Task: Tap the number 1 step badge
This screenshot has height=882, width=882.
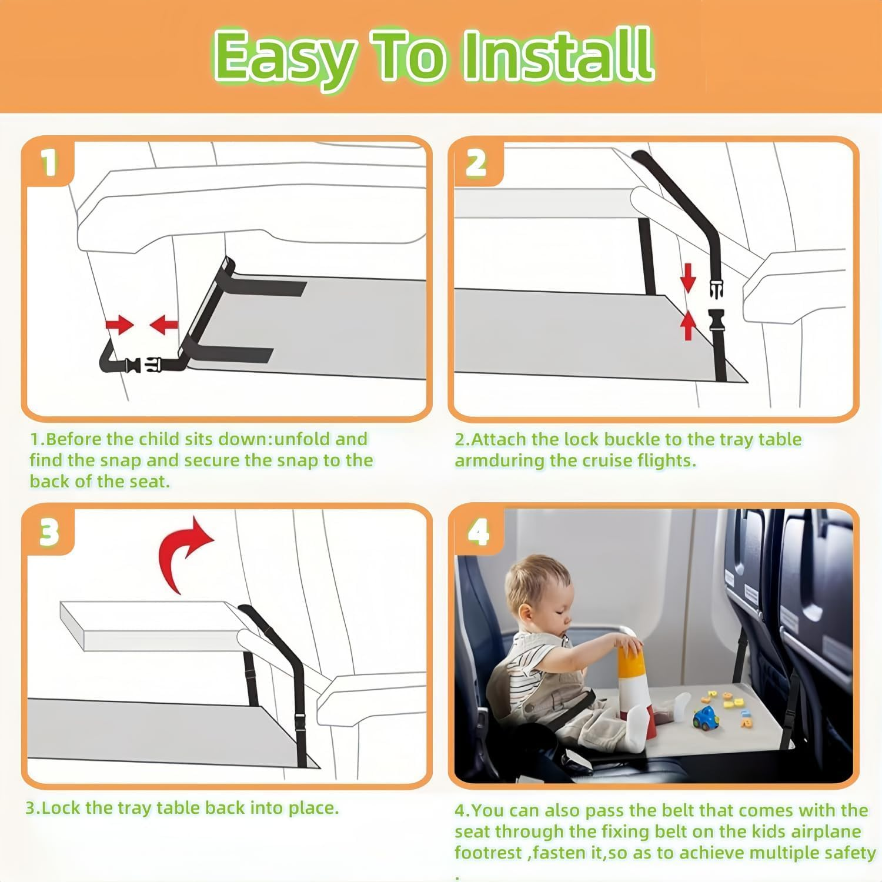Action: coord(49,162)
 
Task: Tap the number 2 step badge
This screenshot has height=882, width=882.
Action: coord(476,163)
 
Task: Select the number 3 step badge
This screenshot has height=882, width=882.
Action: coord(49,532)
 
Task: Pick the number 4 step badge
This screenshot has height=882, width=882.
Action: coord(479,533)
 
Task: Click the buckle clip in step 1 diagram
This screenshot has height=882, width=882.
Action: coord(141,365)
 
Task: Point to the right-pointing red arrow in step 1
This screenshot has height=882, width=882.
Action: coord(119,324)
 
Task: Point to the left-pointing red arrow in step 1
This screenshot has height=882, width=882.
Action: coord(164,324)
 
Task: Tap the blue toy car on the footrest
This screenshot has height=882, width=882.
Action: coord(705,718)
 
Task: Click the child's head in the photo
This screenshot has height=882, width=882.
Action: coord(538,594)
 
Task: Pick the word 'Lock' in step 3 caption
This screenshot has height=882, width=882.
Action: coord(61,808)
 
